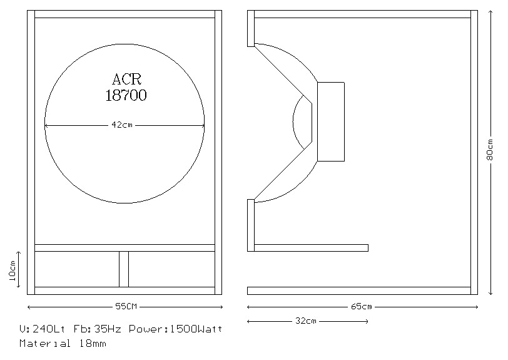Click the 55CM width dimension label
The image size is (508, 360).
tap(125, 307)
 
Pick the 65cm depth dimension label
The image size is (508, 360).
tap(362, 307)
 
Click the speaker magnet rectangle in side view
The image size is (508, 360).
tap(331, 121)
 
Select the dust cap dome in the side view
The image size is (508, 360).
tap(302, 122)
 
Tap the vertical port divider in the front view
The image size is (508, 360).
tap(124, 269)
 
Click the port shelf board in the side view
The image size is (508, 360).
tap(311, 248)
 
